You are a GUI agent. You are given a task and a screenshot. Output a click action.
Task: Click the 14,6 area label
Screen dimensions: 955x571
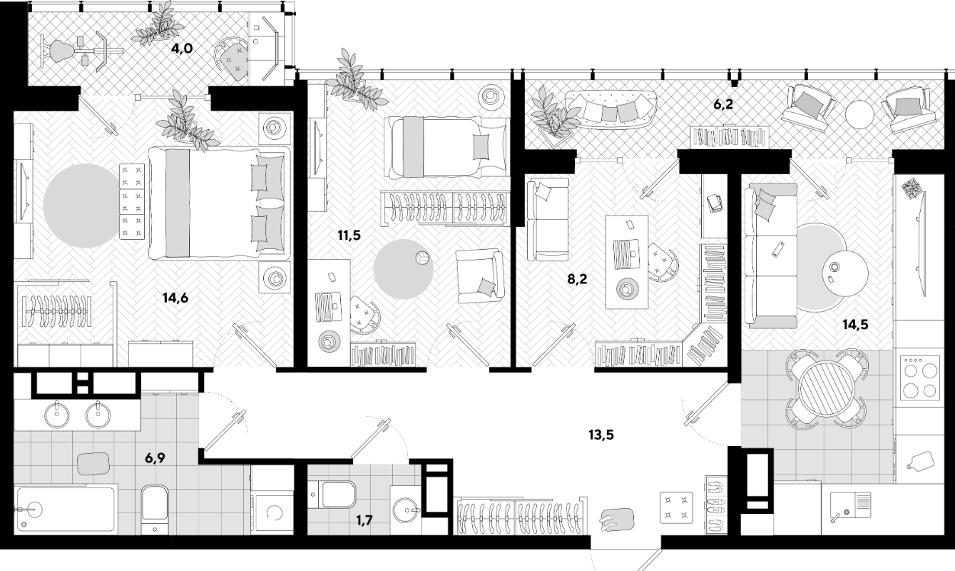point(175,298)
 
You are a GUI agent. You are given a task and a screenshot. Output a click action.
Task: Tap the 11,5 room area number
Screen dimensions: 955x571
point(349,235)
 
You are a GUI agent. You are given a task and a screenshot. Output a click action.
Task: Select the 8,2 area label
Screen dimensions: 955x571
point(577,279)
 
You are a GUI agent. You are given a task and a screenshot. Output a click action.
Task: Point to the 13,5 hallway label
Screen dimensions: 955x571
point(601,435)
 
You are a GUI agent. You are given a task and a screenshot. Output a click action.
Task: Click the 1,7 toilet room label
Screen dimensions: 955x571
point(364,520)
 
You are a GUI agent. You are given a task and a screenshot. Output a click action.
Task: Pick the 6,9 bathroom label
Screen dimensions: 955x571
point(155,458)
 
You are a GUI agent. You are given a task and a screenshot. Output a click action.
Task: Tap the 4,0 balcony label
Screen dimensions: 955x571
point(182,49)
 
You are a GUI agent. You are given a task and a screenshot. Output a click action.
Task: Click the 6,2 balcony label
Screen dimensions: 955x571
point(723,104)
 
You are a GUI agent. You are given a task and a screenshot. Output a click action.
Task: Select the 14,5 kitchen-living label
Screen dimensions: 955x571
point(855,325)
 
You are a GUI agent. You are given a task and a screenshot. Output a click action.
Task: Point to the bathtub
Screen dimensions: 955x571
point(66,509)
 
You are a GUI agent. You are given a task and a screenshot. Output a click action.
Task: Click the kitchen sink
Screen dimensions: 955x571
point(850,506)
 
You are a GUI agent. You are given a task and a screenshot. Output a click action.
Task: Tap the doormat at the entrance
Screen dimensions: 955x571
point(616,520)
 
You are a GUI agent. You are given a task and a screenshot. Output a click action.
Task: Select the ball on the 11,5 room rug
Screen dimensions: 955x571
point(422,258)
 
